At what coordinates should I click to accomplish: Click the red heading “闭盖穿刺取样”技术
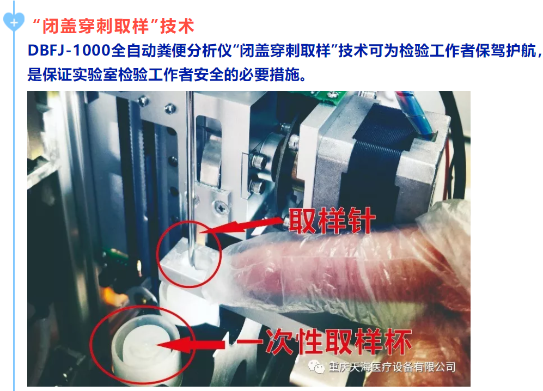pyautogui.click(x=113, y=26)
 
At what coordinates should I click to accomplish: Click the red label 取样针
pyautogui.click(x=332, y=221)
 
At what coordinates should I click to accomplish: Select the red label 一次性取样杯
pyautogui.click(x=338, y=341)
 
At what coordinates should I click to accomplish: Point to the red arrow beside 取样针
pyautogui.click(x=242, y=225)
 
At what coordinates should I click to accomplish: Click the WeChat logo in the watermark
pyautogui.click(x=315, y=366)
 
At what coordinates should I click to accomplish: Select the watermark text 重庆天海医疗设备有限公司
pyautogui.click(x=392, y=367)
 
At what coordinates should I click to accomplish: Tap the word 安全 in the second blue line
pyautogui.click(x=209, y=74)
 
